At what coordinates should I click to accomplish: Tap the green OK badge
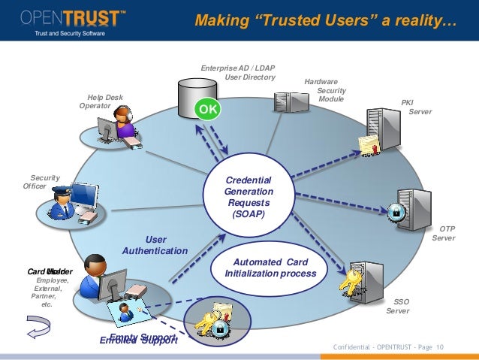[x=208, y=109]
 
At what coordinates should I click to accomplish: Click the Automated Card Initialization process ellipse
[x=270, y=267]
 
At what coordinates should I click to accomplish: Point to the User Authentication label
[x=155, y=245]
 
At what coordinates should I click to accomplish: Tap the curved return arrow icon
[x=38, y=325]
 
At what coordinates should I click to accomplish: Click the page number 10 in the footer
[x=439, y=346]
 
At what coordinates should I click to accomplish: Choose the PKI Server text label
[x=412, y=107]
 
